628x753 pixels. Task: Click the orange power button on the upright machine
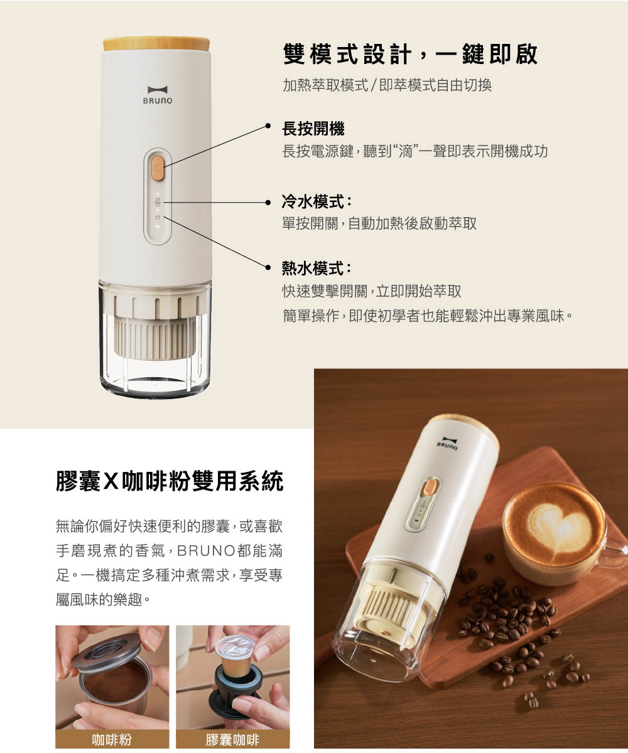[158, 168]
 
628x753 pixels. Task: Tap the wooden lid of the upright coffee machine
[156, 44]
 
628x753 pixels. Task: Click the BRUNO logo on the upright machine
[158, 95]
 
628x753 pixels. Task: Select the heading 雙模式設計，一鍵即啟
[410, 55]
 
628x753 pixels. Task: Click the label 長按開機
[313, 129]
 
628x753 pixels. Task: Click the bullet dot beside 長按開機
[268, 125]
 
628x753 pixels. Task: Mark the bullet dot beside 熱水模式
[268, 267]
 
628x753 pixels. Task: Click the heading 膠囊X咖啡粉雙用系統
[170, 481]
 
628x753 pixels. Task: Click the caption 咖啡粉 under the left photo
[112, 740]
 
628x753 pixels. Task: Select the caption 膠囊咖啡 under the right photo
[232, 740]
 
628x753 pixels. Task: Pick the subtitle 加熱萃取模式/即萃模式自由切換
[387, 85]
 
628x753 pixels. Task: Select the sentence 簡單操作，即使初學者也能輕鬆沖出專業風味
[428, 316]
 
